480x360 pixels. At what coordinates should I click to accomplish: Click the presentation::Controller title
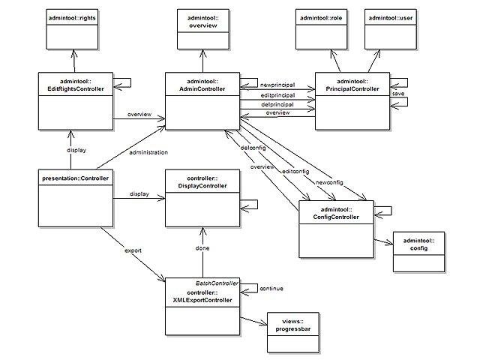(74, 178)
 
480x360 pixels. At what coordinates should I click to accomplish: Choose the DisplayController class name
(202, 182)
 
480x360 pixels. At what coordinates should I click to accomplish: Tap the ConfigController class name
(336, 213)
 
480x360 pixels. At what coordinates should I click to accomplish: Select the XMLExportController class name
(202, 295)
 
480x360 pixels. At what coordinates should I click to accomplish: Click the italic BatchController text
(217, 283)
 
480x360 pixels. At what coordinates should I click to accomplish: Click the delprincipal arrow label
(277, 103)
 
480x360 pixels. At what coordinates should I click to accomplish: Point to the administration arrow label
(148, 152)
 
